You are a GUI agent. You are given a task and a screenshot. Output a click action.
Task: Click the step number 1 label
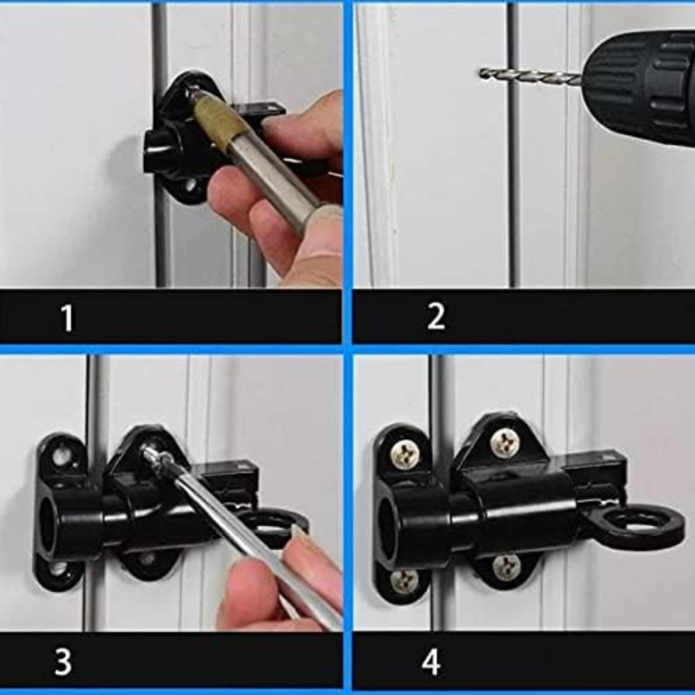(67, 317)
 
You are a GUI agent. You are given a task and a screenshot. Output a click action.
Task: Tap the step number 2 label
(436, 317)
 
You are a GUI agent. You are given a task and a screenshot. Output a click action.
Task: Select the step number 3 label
(62, 661)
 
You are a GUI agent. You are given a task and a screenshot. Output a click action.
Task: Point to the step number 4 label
(431, 661)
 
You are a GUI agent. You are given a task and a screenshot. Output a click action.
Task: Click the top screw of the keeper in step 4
(405, 454)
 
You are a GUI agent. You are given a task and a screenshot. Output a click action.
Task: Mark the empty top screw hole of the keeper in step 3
(62, 456)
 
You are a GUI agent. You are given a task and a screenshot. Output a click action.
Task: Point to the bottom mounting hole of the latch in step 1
(189, 186)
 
